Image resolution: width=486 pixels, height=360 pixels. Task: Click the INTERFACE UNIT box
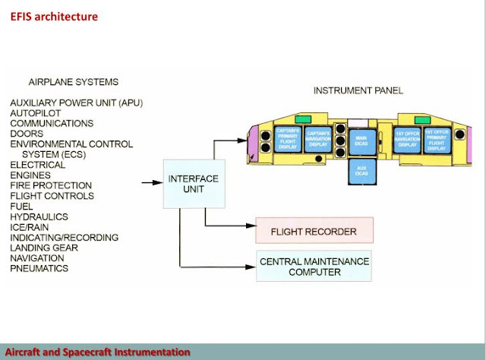[x=193, y=184]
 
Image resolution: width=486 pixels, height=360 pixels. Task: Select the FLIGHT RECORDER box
[x=314, y=229]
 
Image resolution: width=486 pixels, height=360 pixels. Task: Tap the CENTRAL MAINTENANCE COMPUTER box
[x=314, y=266]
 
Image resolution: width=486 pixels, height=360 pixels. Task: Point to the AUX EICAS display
[x=360, y=172]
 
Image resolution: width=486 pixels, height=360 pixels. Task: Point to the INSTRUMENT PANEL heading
[x=358, y=91]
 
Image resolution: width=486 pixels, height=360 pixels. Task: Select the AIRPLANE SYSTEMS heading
[x=73, y=81]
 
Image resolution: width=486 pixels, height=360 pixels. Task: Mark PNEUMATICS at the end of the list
[x=39, y=268]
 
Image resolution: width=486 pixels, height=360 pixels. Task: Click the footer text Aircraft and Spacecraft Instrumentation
[x=95, y=352]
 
